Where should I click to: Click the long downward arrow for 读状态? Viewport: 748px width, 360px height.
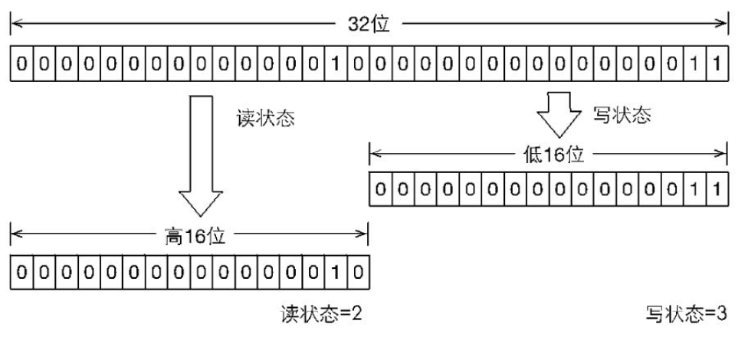tap(198, 153)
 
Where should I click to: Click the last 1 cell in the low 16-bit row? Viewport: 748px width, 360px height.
tap(716, 189)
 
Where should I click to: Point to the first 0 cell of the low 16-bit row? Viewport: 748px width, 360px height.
tap(380, 189)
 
